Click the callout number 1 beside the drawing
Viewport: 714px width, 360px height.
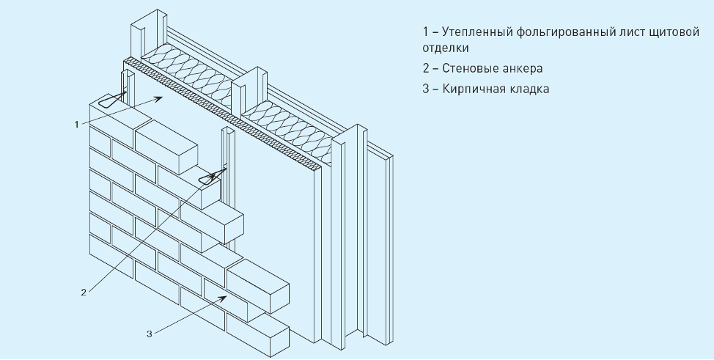point(77,125)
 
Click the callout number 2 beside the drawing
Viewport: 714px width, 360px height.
point(84,293)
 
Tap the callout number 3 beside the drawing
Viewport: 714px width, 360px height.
point(150,334)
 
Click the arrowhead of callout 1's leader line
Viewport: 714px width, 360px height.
point(159,98)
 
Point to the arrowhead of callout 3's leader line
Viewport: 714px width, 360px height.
point(223,298)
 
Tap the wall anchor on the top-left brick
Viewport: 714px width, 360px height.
point(112,100)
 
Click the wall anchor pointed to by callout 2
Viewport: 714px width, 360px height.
point(212,177)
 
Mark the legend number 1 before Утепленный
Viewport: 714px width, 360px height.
point(425,33)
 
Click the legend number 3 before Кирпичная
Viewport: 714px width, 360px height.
point(426,89)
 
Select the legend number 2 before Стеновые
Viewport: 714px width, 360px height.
point(426,68)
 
